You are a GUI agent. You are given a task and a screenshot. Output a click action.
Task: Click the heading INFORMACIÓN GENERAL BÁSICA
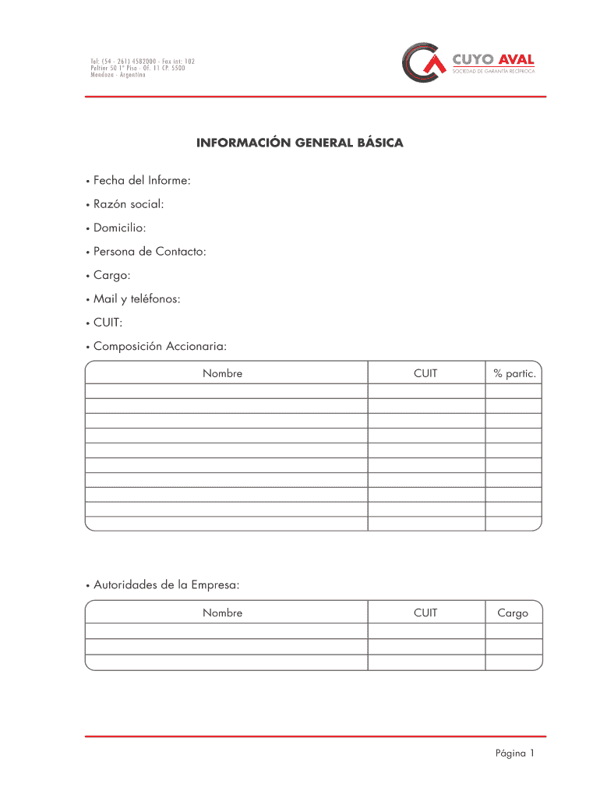(300, 143)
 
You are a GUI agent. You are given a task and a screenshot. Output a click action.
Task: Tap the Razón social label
(129, 204)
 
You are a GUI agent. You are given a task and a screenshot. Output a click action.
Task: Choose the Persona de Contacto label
(150, 251)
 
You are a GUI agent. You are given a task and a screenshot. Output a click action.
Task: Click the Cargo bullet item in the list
(112, 275)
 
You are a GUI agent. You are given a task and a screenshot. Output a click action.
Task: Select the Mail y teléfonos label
(136, 298)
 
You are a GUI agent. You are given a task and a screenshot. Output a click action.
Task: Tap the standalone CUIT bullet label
(108, 322)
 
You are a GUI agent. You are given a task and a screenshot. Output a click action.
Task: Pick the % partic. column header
(514, 373)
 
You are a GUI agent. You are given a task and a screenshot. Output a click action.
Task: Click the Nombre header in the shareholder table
(223, 373)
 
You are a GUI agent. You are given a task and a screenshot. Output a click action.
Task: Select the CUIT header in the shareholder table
(425, 373)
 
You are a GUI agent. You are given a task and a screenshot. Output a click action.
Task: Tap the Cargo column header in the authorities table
(513, 613)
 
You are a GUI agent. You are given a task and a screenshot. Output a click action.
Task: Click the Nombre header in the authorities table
(223, 613)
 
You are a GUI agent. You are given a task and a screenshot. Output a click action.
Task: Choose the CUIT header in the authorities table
(425, 613)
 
